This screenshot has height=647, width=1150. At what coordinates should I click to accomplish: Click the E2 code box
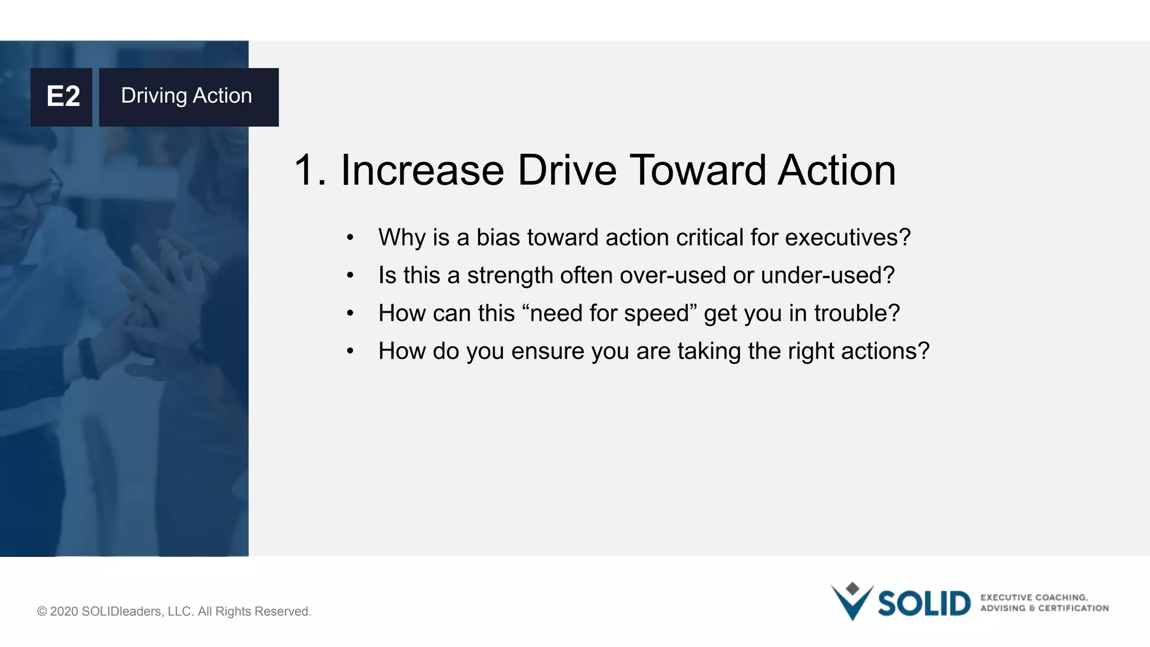pyautogui.click(x=62, y=97)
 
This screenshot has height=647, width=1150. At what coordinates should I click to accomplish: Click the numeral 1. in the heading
pyautogui.click(x=310, y=170)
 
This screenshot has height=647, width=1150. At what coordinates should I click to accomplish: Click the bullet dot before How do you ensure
pyautogui.click(x=350, y=352)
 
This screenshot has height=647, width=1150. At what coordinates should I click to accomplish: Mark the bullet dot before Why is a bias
pyautogui.click(x=350, y=238)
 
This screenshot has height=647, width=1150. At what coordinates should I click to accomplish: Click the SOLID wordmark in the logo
pyautogui.click(x=924, y=604)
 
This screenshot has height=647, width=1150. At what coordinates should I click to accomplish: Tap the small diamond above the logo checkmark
pyautogui.click(x=852, y=588)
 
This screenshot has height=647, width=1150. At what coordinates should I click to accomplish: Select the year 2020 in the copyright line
pyautogui.click(x=63, y=611)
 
